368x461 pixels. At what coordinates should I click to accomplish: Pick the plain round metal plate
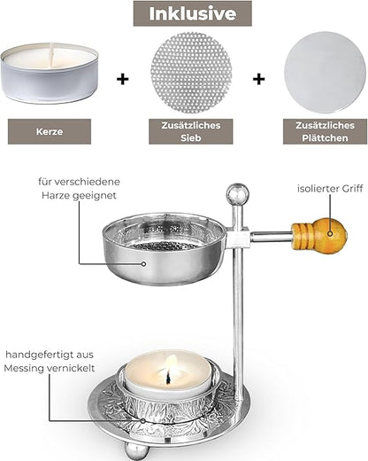321,73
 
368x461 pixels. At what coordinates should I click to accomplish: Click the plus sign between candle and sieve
122,79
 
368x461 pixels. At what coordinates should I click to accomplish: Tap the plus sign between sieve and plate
258,79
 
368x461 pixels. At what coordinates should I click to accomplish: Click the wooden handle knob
319,237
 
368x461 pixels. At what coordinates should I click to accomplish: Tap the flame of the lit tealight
171,366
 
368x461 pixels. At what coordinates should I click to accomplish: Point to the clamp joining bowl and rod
236,238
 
